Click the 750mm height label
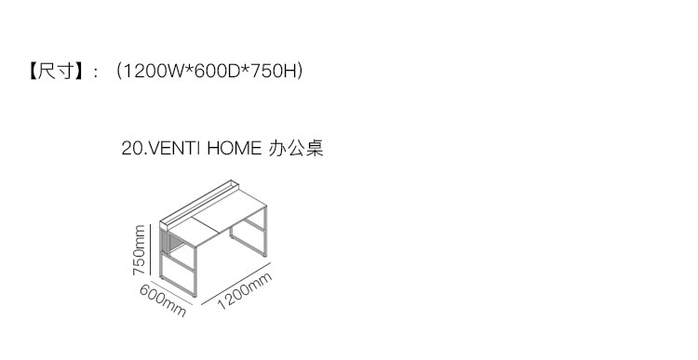(x=139, y=250)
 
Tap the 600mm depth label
(x=163, y=300)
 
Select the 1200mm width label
(x=245, y=291)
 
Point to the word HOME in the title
(x=235, y=148)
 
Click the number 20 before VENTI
(x=131, y=148)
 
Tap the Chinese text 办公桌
(x=296, y=148)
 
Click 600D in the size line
(x=217, y=72)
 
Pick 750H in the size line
(x=273, y=72)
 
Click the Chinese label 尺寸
(x=55, y=72)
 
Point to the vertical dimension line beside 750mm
(x=151, y=250)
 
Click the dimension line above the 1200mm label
(x=236, y=284)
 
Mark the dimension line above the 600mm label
(x=171, y=293)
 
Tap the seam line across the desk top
(x=206, y=225)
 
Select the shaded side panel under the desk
(x=165, y=244)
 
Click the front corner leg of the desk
(x=195, y=272)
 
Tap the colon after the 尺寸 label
(x=95, y=73)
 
